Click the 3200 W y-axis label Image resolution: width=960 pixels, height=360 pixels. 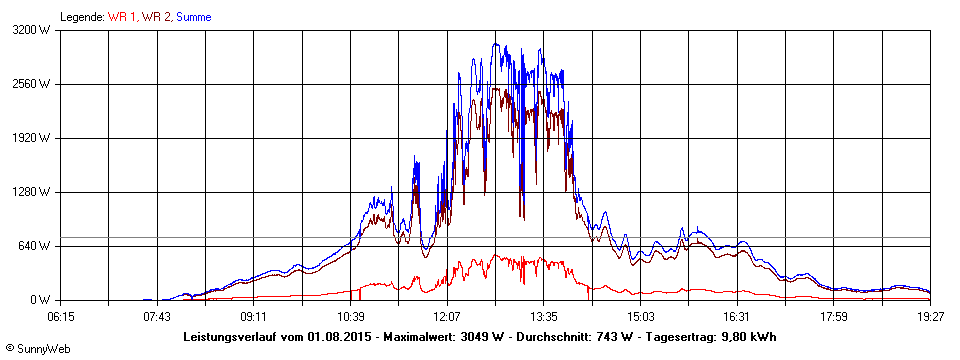32,30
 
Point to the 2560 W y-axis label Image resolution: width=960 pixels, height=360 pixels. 32,84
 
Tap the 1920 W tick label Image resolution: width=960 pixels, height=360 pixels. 32,138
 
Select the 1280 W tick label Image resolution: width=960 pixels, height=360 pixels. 32,192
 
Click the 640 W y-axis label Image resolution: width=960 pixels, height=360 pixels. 35,246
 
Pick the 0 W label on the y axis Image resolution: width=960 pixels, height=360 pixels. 41,300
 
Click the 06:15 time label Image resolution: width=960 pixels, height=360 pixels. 60,316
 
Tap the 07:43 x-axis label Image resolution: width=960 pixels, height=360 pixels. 157,316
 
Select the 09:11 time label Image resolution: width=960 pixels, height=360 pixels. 254,316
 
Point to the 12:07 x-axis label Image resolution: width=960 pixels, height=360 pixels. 447,316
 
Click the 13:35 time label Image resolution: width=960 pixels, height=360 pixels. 544,316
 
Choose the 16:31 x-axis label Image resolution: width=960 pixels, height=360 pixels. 737,316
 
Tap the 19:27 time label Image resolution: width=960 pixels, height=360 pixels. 930,316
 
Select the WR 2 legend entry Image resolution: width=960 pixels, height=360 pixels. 156,17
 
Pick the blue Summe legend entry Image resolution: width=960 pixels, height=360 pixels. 194,17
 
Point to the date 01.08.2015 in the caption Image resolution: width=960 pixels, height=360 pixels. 340,336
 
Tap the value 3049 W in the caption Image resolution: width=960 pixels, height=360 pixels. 475,336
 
